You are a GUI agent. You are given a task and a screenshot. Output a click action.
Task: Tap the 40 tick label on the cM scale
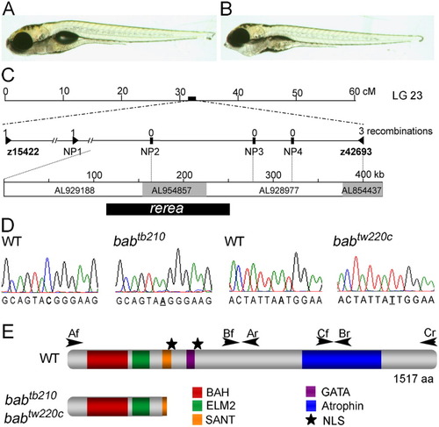click(238, 92)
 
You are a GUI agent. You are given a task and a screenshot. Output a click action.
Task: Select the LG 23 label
click(407, 96)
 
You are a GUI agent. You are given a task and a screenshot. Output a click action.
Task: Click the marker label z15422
click(23, 152)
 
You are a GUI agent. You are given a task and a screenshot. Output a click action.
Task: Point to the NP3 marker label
click(254, 152)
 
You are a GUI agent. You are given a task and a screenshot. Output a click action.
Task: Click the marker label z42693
click(356, 152)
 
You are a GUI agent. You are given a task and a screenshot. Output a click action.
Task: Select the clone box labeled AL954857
click(175, 189)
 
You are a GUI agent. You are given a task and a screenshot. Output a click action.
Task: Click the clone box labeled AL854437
click(363, 189)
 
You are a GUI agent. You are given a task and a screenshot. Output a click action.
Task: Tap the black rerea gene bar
click(168, 209)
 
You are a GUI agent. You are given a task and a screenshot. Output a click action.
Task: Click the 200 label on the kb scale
click(184, 174)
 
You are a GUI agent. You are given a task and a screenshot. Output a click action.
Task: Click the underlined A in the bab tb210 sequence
click(163, 301)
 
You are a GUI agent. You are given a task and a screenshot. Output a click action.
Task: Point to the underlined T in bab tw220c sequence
click(392, 301)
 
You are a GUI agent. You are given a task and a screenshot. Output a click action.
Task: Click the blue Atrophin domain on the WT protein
click(342, 359)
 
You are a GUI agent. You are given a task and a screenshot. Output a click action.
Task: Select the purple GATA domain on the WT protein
click(191, 359)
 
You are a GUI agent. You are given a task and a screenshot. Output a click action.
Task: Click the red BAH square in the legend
click(197, 392)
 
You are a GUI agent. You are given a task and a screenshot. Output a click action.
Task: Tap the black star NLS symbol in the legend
click(311, 420)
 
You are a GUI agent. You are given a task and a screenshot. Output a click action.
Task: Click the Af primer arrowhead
click(75, 343)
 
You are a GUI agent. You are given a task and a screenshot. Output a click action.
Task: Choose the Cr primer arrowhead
click(428, 342)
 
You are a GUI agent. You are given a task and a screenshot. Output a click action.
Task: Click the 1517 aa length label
click(413, 379)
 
